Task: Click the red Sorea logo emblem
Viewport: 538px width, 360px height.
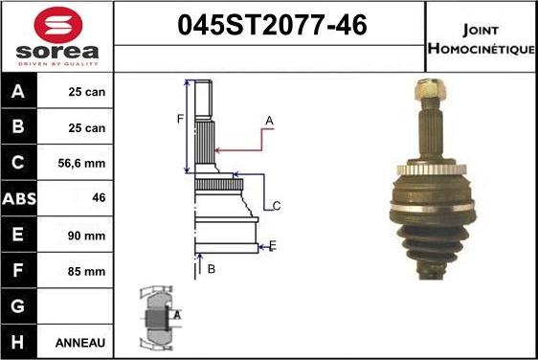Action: pos(58,25)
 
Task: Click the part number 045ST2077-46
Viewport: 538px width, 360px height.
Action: pos(272,25)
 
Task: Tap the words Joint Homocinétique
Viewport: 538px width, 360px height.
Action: pos(481,39)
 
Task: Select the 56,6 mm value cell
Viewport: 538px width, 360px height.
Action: pos(81,163)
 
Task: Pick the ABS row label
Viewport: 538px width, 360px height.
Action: pos(19,198)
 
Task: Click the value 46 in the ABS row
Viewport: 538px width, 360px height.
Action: pos(99,197)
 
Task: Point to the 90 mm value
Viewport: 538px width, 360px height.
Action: pos(86,236)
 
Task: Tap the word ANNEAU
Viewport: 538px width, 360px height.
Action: pos(80,343)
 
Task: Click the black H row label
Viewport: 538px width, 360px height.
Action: pos(19,342)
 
